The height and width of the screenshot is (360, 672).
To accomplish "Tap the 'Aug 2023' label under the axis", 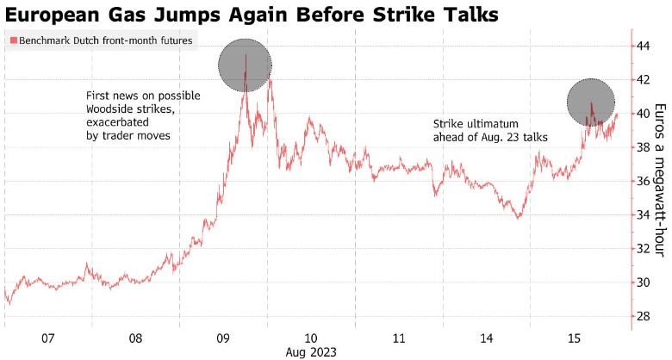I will pyautogui.click(x=311, y=351).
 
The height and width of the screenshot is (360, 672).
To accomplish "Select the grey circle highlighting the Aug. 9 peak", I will pyautogui.click(x=246, y=65).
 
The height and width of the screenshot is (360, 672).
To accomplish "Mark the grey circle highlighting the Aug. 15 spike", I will pyautogui.click(x=591, y=102).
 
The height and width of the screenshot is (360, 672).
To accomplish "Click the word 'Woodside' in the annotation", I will pyautogui.click(x=109, y=109).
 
